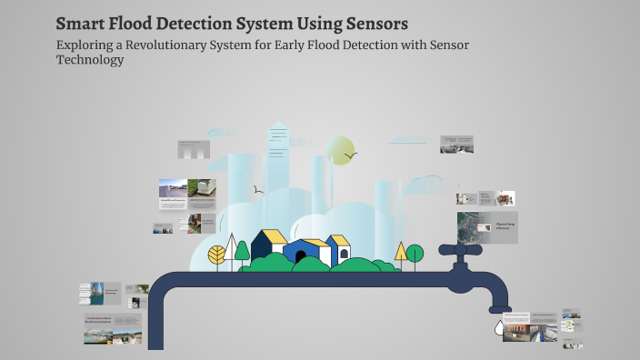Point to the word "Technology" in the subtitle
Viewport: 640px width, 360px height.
(x=89, y=60)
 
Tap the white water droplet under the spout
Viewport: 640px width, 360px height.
(x=498, y=325)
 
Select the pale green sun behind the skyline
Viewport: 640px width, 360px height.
(x=340, y=150)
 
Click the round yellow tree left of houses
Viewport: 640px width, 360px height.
(x=217, y=255)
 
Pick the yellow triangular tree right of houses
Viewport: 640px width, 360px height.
(x=401, y=251)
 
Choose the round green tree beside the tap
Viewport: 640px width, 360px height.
(x=415, y=254)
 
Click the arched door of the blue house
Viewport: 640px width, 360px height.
(x=299, y=257)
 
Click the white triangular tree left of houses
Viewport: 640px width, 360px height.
(x=231, y=246)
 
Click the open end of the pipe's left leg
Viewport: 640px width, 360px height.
(x=155, y=345)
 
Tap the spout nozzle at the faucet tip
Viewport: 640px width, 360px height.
(x=499, y=310)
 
